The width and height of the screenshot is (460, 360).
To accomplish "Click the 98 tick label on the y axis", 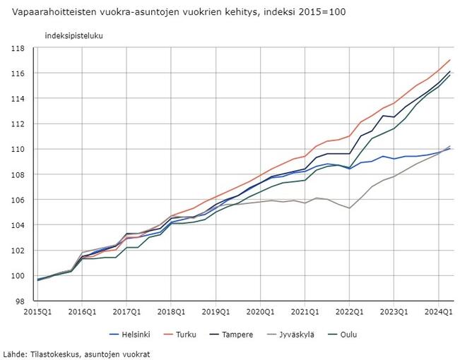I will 21,301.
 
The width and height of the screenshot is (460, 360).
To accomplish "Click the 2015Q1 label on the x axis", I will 37,311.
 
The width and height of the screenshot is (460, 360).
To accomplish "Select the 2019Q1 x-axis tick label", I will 216,311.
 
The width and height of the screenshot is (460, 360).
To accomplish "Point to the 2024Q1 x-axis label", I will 438,311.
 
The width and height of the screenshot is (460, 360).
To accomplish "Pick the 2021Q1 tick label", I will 305,311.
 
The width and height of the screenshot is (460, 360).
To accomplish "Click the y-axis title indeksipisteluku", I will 73,35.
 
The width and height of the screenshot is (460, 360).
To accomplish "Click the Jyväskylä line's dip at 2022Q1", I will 350,208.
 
